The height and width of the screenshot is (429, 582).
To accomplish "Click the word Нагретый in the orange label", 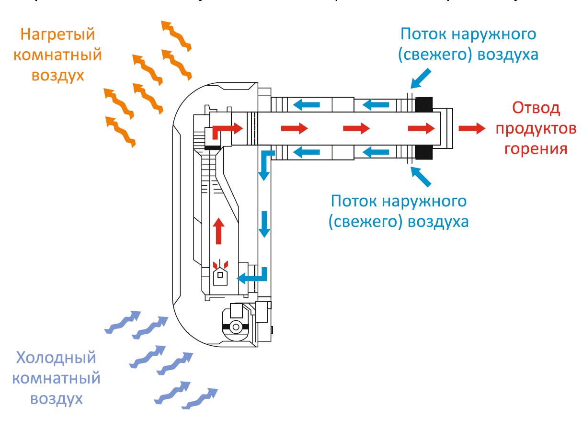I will pyautogui.click(x=57, y=35).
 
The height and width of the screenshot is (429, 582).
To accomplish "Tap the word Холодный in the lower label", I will pyautogui.click(x=56, y=358).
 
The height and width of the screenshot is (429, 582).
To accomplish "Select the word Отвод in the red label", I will pyautogui.click(x=536, y=109).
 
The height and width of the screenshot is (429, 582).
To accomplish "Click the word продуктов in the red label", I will pyautogui.click(x=536, y=128).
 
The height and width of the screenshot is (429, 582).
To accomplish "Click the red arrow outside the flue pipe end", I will pyautogui.click(x=471, y=128).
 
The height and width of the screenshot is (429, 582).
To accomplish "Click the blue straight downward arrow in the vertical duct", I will pyautogui.click(x=263, y=224).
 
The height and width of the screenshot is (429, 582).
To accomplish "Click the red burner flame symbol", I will pyautogui.click(x=220, y=265).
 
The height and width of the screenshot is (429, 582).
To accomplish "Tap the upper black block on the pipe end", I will pyautogui.click(x=423, y=102).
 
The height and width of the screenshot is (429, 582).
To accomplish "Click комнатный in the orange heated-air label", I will pyautogui.click(x=57, y=55).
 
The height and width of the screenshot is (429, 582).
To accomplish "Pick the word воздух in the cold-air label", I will pyautogui.click(x=56, y=398).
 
